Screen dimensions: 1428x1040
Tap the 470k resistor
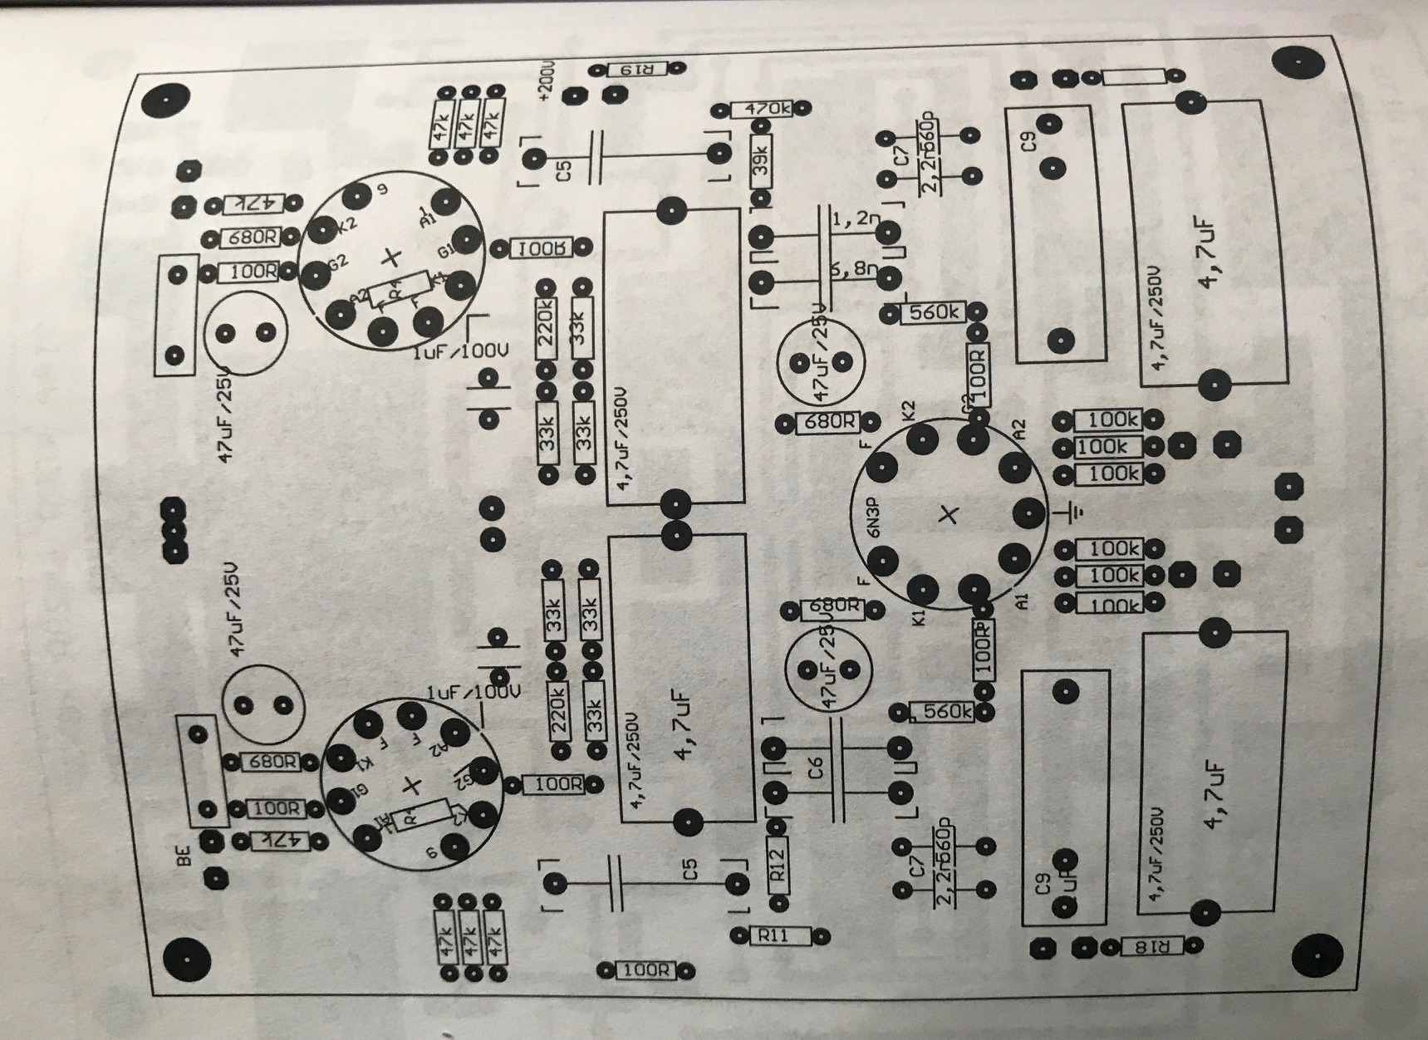click(x=762, y=109)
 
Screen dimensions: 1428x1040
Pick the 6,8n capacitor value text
click(x=853, y=270)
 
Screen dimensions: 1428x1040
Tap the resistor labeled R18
click(x=1150, y=945)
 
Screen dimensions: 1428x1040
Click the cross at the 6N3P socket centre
click(x=948, y=516)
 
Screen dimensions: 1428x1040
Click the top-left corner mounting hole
click(x=163, y=101)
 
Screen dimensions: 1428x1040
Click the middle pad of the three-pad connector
click(x=173, y=528)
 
